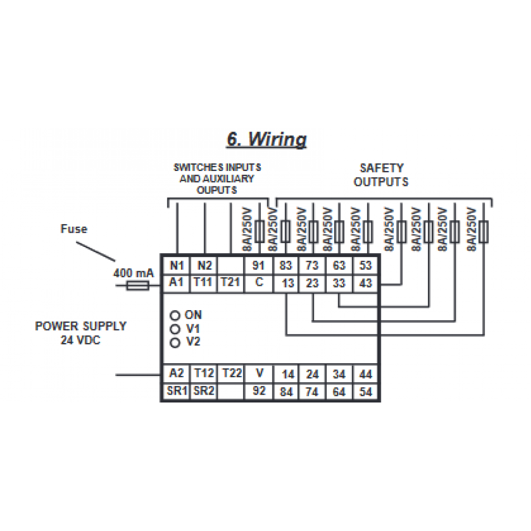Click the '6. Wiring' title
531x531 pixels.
coord(267,139)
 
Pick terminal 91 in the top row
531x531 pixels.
coord(259,265)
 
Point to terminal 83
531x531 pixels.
coord(287,265)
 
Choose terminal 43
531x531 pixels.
coord(365,284)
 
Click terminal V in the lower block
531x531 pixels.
coord(259,373)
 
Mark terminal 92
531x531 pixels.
coord(259,392)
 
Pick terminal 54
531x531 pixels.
coord(365,392)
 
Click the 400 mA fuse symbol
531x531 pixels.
coord(136,286)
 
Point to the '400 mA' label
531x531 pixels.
coord(133,273)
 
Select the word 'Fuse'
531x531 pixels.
coord(73,229)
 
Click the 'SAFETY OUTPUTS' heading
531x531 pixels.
coord(381,175)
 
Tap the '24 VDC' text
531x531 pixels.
coord(81,340)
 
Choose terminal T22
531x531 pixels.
coord(232,373)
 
